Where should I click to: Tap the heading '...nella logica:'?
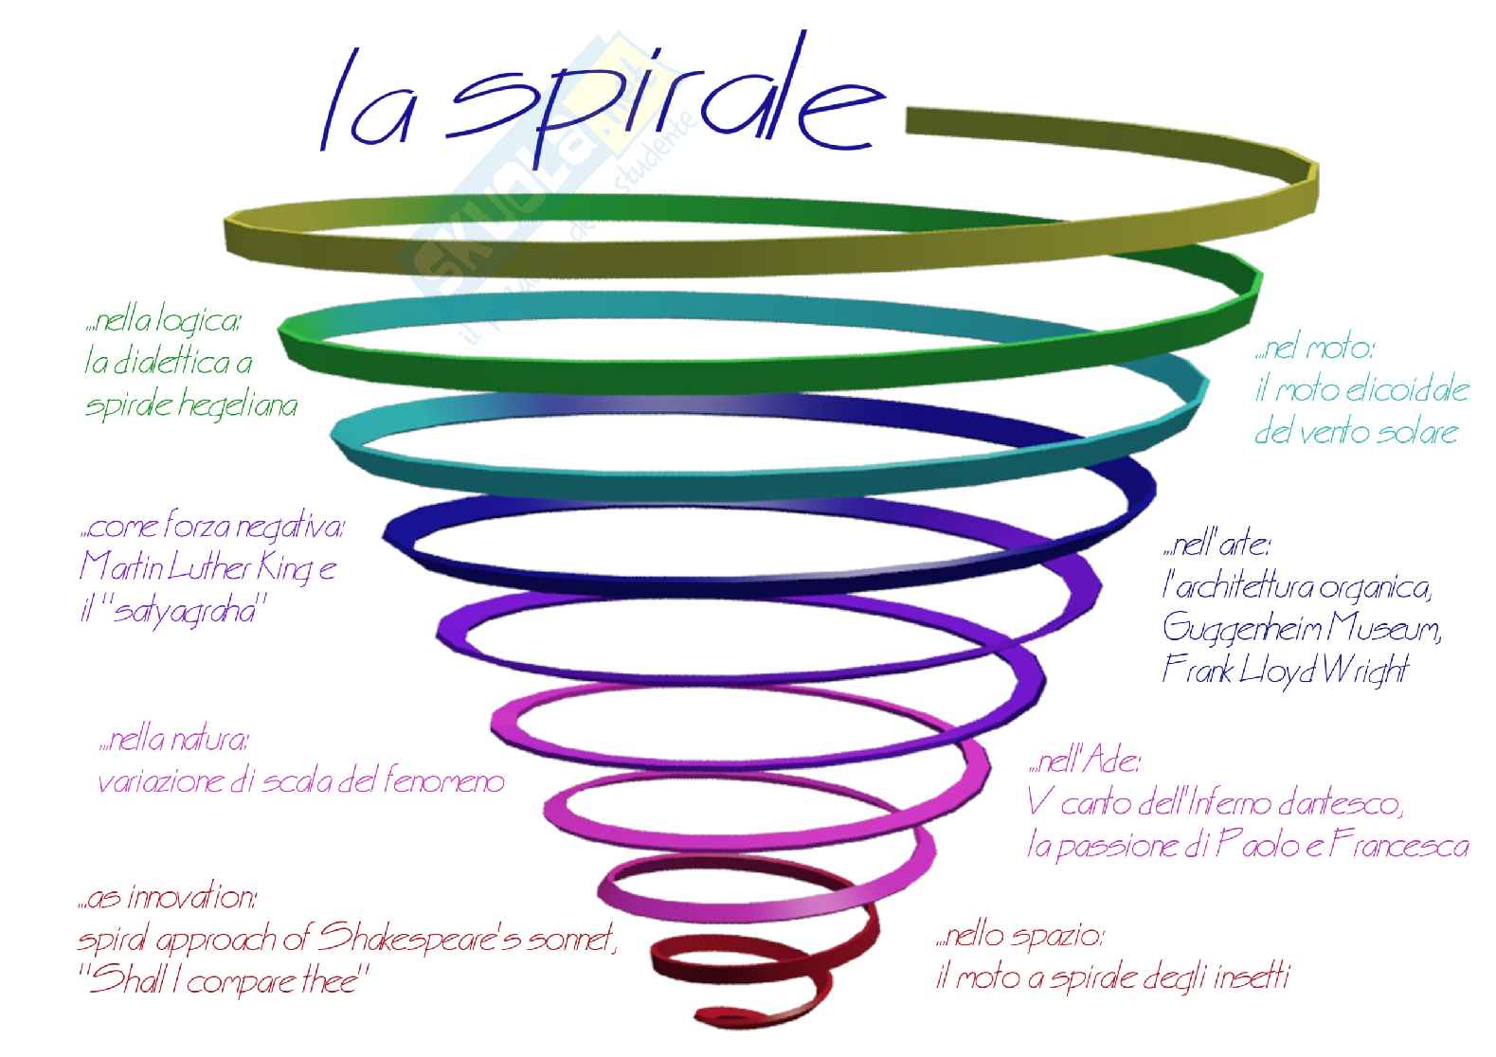tap(163, 322)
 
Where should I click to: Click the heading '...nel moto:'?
tap(1315, 350)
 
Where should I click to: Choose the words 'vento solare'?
tap(1384, 434)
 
